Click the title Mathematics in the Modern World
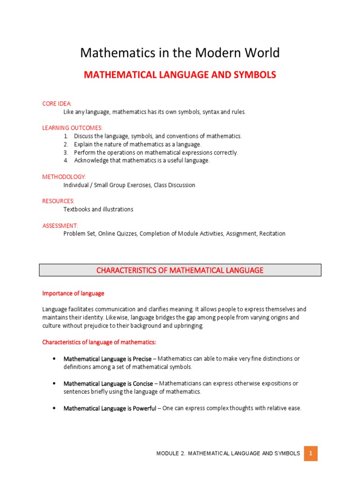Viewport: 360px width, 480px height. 180,53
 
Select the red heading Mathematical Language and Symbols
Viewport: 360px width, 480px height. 180,75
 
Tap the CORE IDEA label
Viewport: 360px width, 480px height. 57,104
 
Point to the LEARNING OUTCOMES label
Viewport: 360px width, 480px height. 72,128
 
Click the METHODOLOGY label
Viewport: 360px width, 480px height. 64,177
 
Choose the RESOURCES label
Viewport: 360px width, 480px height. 58,201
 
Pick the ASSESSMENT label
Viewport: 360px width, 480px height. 60,225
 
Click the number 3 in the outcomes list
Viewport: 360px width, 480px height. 66,152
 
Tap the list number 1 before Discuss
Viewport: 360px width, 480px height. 66,136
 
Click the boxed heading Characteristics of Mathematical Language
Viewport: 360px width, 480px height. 180,270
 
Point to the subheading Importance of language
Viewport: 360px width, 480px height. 73,293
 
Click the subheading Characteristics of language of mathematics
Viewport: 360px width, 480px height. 99,342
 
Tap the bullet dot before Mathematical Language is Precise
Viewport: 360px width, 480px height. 54,359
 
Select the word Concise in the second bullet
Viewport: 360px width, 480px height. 142,383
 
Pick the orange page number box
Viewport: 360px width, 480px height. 310,453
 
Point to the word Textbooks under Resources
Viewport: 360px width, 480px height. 77,209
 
